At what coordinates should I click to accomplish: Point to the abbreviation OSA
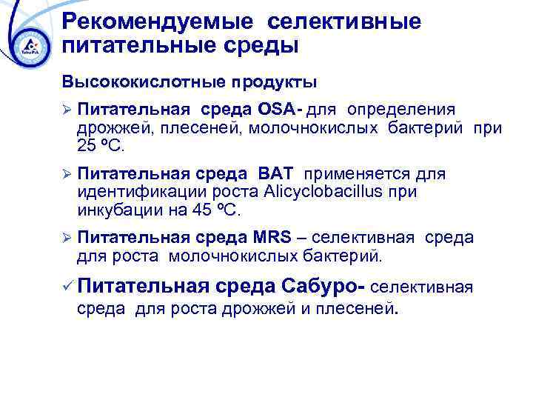[x=276, y=110]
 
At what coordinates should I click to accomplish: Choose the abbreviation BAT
[x=276, y=174]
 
